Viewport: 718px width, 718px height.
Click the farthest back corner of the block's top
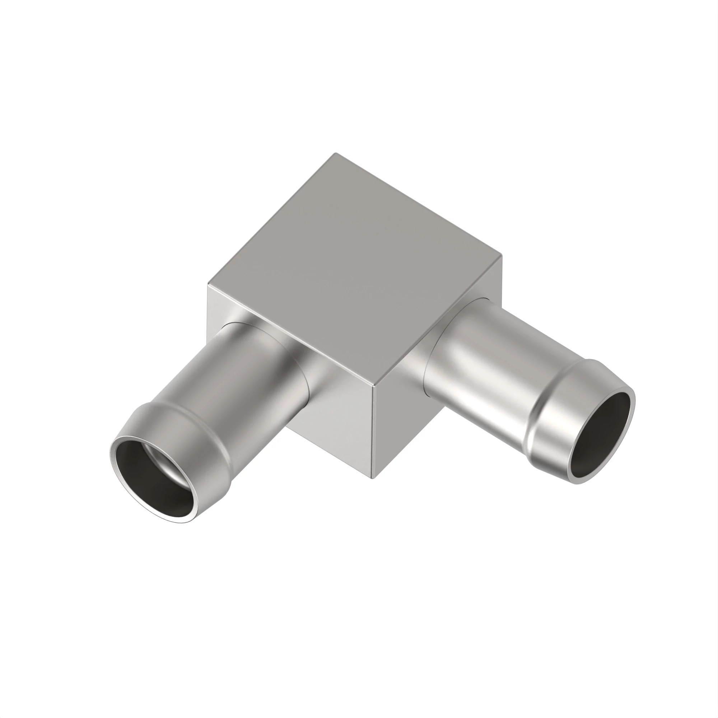335,154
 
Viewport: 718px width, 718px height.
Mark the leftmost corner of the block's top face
208,285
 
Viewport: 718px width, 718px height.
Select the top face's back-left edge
271,219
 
